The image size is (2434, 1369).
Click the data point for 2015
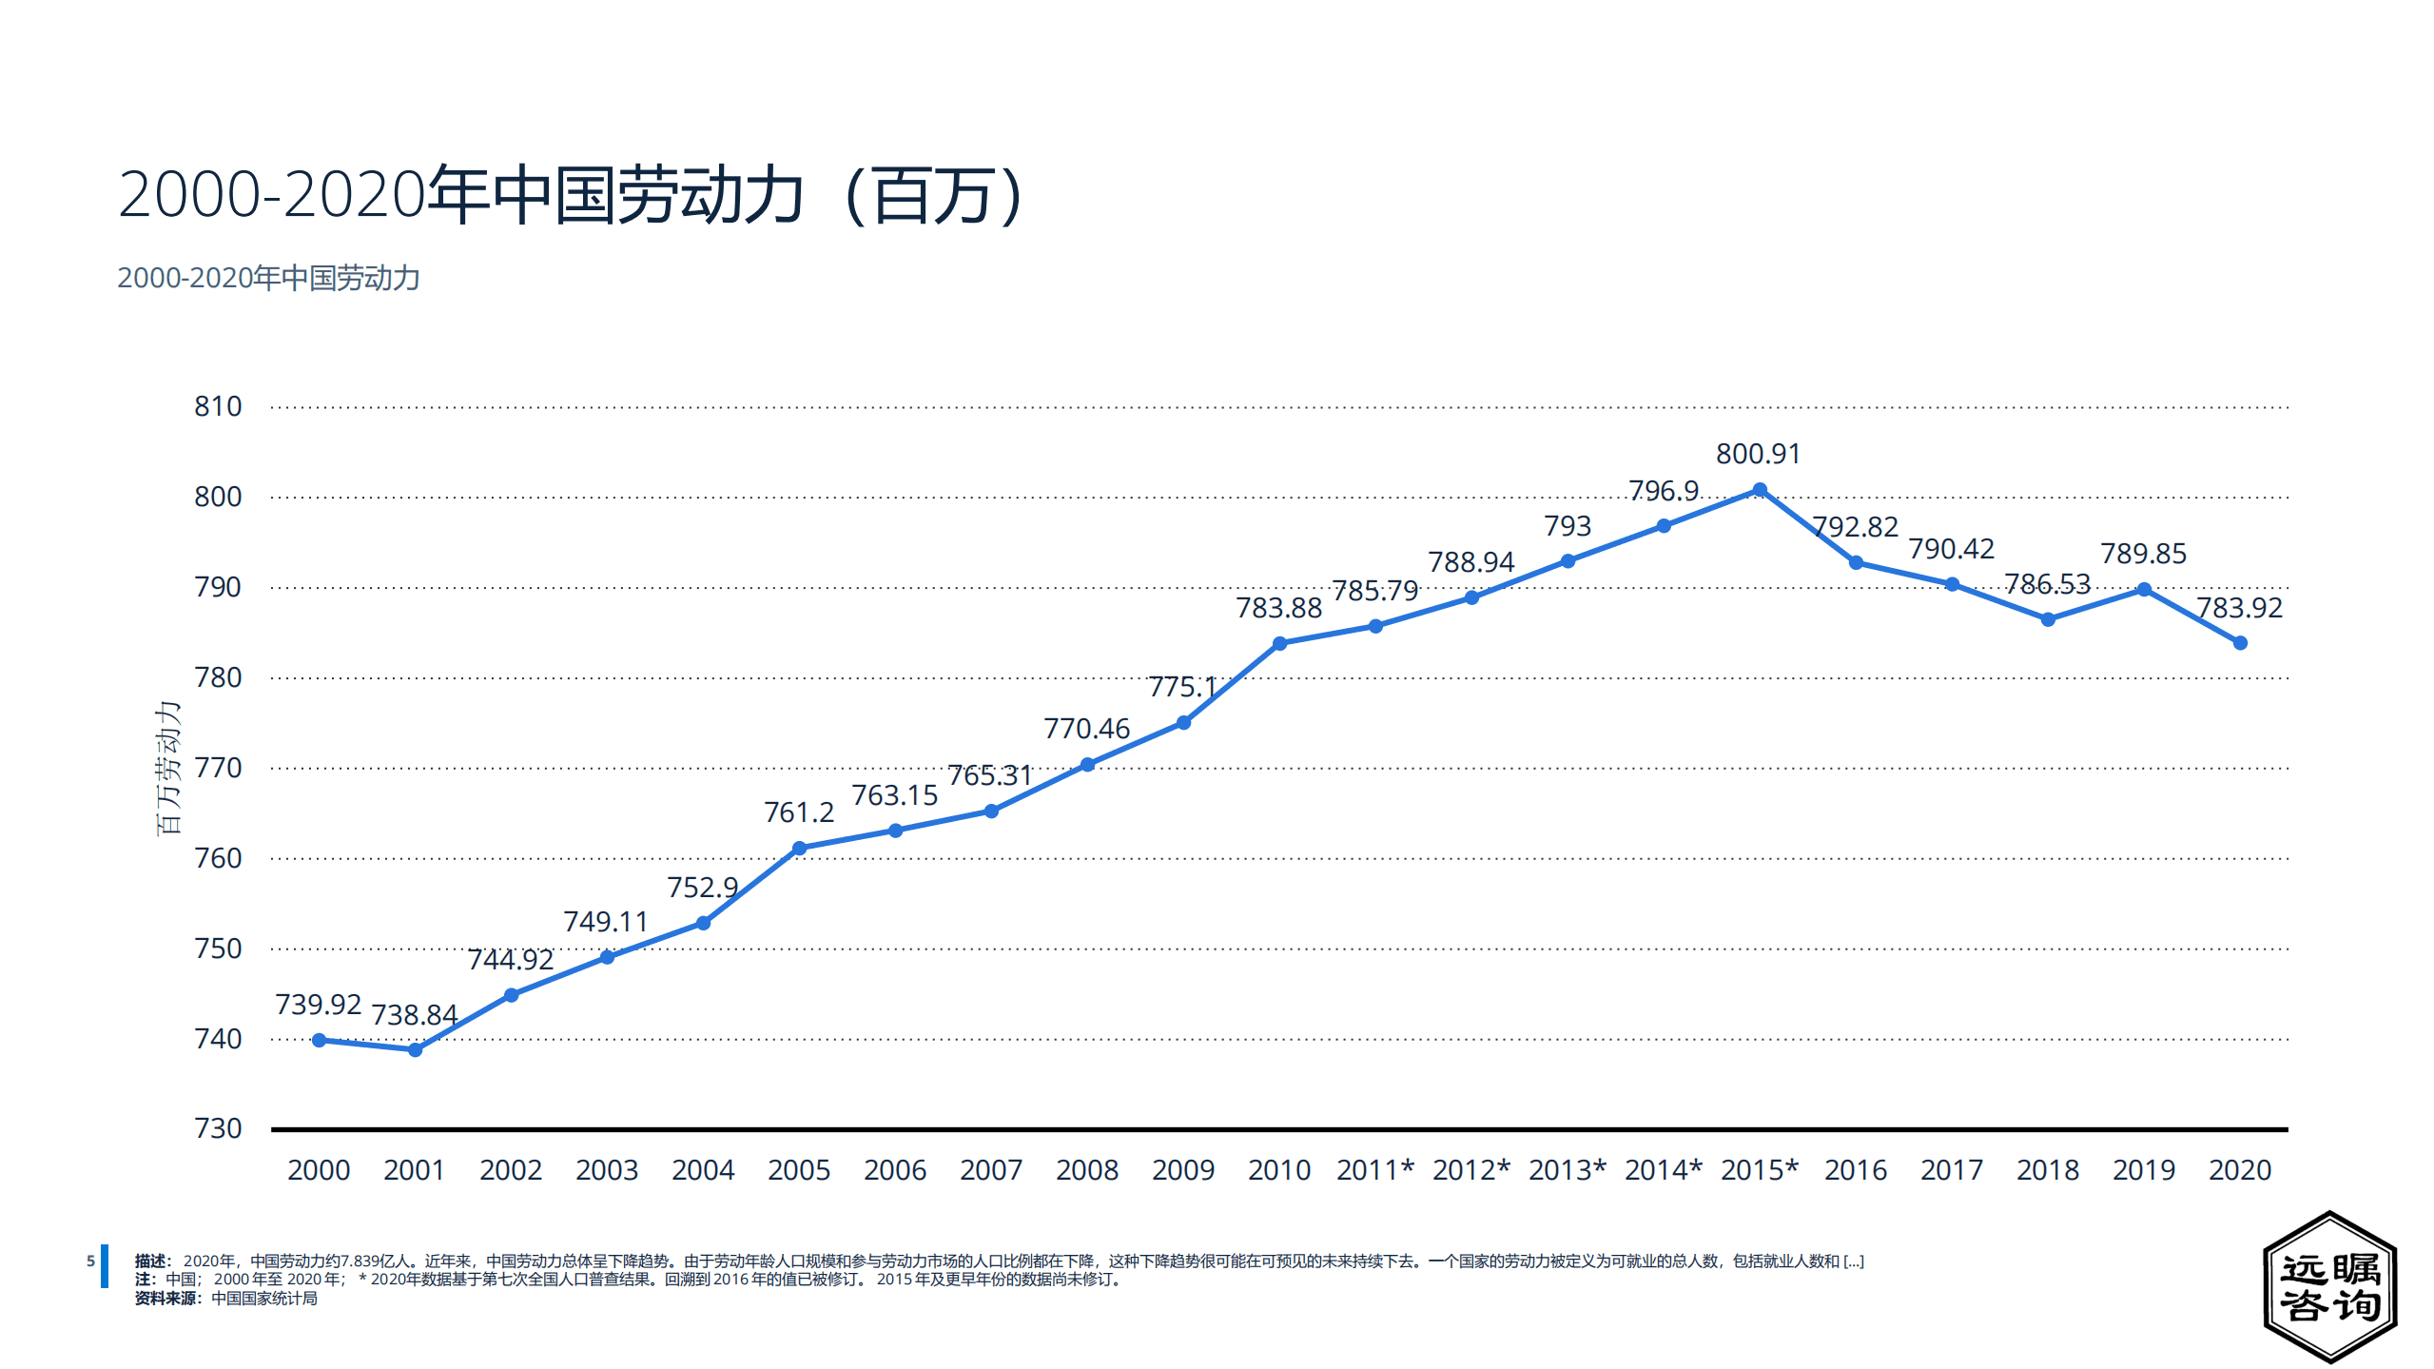pos(1759,490)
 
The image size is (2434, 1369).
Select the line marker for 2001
pos(415,1049)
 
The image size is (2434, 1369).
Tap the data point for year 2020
pos(2239,643)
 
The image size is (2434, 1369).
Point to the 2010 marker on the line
pos(1279,643)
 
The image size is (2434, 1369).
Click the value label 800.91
pos(1758,454)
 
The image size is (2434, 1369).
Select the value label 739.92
pos(318,1004)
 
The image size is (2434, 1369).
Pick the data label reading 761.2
pos(798,812)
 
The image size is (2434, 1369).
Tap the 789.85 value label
pos(2143,553)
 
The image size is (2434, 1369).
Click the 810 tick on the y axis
pos(218,406)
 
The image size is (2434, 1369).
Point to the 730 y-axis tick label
pos(218,1128)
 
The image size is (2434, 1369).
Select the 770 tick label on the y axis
pos(218,768)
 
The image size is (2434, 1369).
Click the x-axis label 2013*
pos(1567,1170)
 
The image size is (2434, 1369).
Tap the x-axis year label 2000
pos(319,1170)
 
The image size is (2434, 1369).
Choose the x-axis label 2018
pos(2047,1170)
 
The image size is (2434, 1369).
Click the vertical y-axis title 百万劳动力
pos(168,769)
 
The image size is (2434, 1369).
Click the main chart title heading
pos(571,195)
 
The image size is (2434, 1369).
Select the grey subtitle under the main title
pos(268,278)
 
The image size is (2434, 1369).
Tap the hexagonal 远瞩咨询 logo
pos(2329,1286)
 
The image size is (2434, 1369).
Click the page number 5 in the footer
pos(90,1261)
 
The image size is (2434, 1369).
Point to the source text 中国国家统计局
pos(263,1299)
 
